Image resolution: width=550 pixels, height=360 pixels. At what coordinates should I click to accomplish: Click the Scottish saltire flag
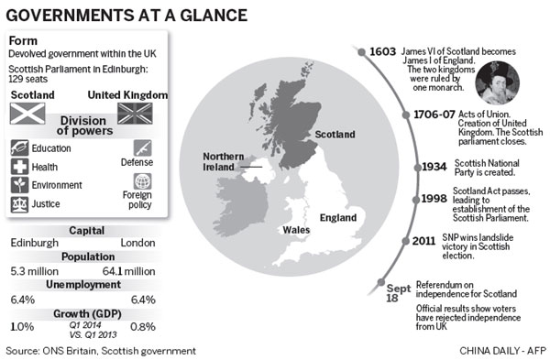tap(28, 112)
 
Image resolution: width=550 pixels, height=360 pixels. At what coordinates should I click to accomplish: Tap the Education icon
tap(19, 147)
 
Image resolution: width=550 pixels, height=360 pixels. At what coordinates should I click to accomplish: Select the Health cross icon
tap(19, 166)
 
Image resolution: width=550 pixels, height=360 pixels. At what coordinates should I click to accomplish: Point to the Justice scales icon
tap(19, 204)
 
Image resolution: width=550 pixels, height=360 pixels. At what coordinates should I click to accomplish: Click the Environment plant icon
tap(19, 185)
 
